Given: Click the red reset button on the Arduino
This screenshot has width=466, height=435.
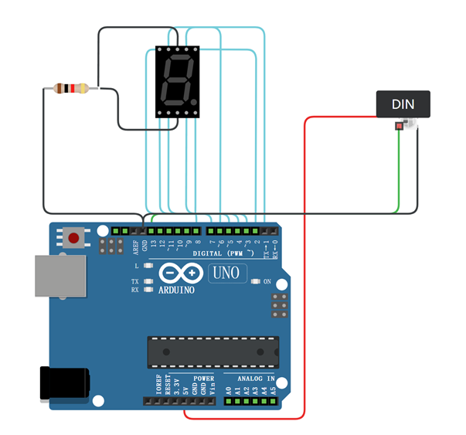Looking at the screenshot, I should (73, 237).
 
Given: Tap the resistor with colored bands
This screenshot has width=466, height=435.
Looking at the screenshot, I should (70, 89).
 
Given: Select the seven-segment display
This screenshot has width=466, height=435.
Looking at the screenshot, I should (177, 81).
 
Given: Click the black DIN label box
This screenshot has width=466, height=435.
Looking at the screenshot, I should (403, 104).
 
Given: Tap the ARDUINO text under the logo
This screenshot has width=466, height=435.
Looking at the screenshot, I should (177, 291).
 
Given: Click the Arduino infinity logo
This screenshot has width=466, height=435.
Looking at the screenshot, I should (179, 274).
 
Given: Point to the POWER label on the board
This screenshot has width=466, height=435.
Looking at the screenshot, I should (203, 379).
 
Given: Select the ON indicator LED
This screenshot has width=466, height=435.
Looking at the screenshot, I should (256, 281).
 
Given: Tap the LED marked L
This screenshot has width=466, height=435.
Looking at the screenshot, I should (148, 264).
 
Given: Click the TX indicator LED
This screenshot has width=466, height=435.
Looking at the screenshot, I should (148, 281).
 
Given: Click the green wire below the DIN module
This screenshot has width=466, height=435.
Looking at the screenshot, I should (398, 170).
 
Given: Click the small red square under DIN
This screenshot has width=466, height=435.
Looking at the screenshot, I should (399, 126).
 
